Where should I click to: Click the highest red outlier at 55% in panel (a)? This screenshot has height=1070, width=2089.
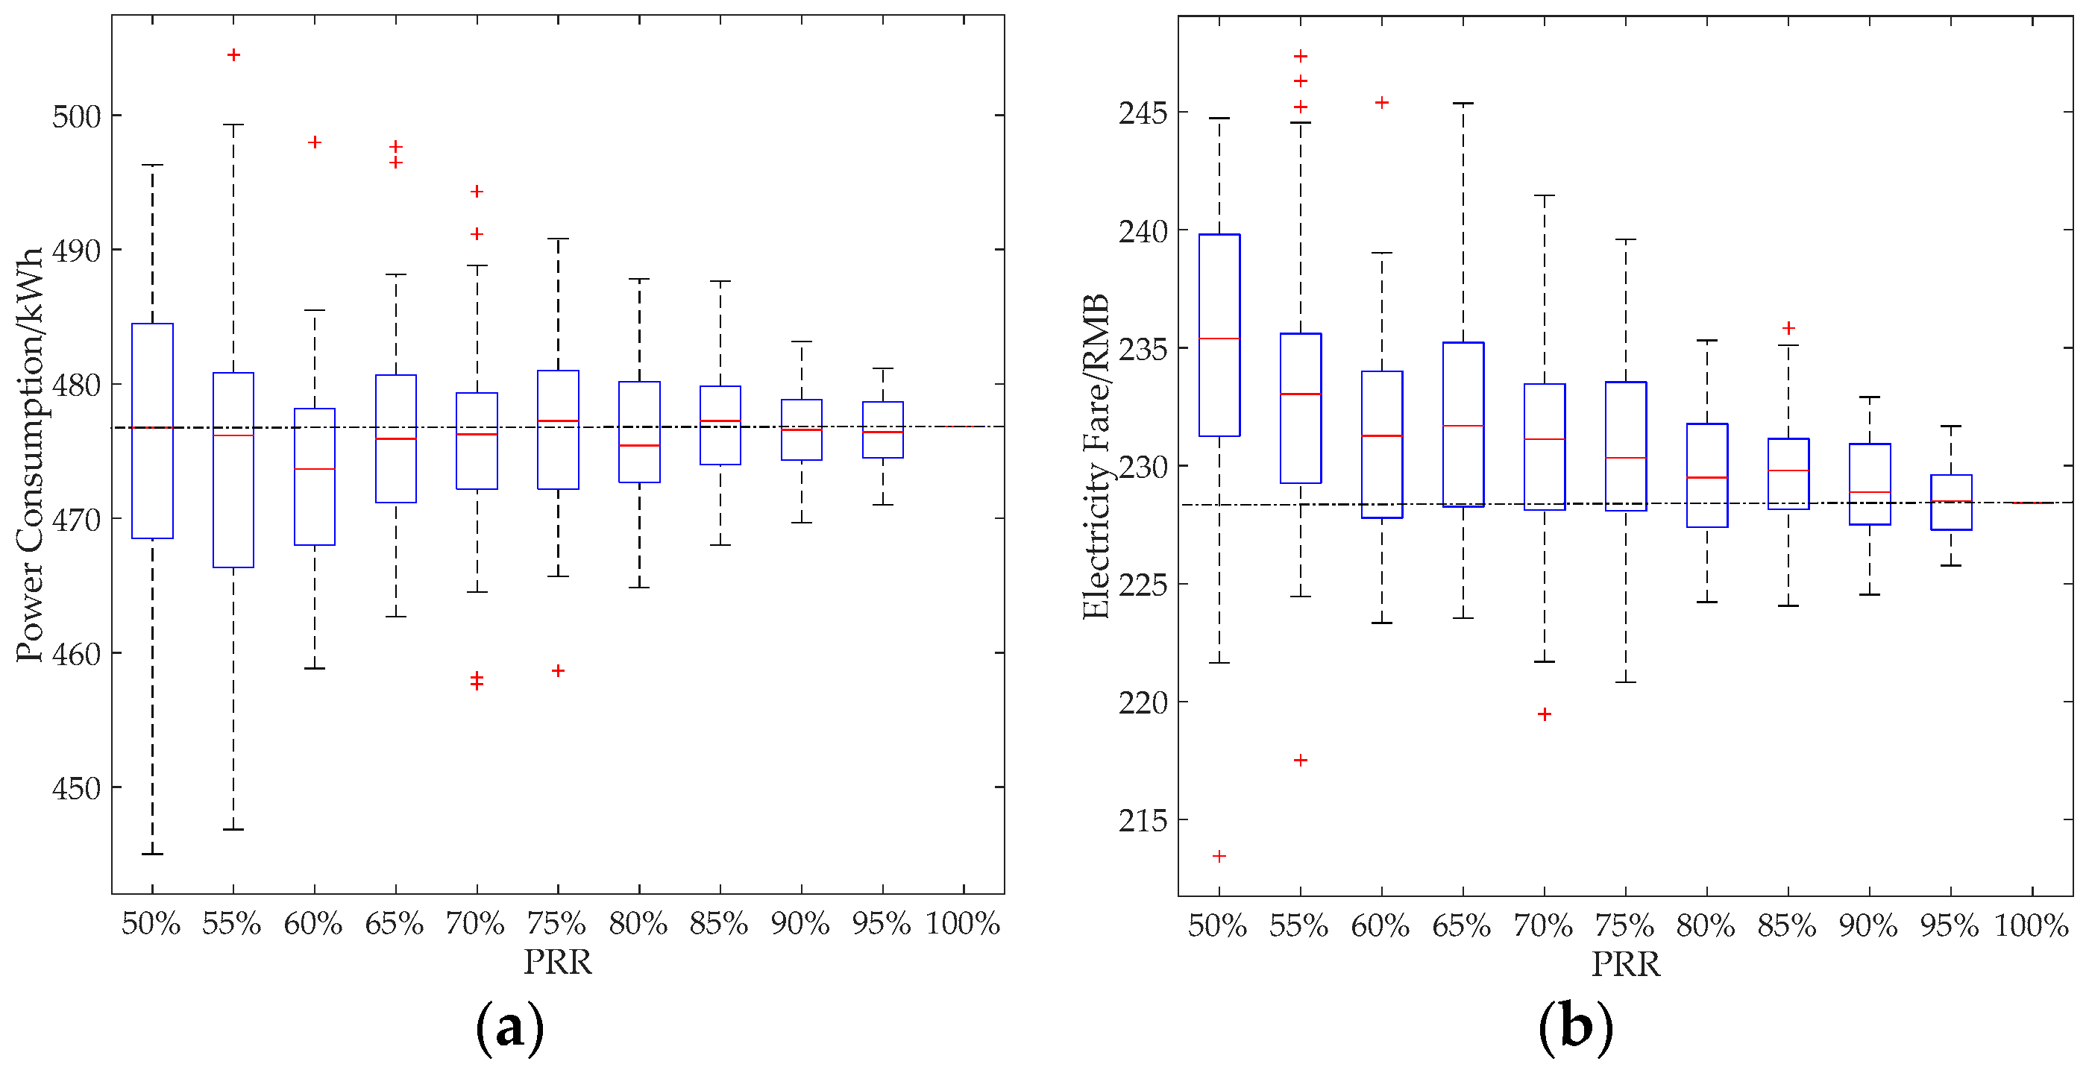233,55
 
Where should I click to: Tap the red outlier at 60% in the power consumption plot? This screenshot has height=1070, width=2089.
315,142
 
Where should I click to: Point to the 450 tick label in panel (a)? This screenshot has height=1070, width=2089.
77,789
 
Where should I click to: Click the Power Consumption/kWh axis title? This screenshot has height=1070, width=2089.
30,455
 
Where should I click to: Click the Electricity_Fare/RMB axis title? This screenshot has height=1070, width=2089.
1096,456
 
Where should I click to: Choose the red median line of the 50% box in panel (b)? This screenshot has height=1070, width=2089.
1219,339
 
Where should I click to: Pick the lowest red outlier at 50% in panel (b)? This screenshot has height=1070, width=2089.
1219,856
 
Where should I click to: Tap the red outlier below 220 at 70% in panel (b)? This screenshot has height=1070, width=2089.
1544,714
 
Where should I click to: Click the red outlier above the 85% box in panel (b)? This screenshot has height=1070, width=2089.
1788,328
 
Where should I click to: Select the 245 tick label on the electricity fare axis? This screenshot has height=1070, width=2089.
1143,113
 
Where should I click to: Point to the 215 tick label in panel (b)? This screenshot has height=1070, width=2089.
1143,821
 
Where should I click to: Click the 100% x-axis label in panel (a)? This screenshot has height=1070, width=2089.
963,923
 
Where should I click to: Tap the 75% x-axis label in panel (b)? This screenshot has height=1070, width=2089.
1625,925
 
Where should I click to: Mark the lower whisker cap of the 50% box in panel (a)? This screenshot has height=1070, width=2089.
152,854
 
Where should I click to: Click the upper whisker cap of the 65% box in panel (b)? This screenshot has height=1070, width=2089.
1463,104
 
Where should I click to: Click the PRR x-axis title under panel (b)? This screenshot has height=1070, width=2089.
1625,965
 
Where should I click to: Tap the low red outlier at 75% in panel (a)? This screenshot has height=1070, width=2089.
558,670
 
